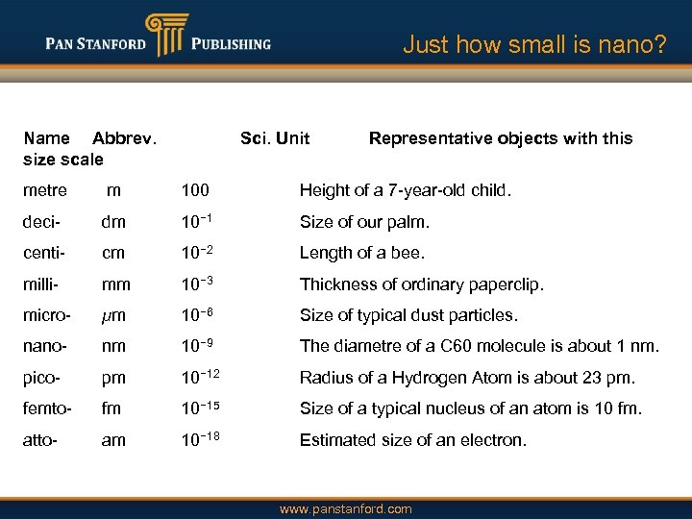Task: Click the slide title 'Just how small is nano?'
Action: click(x=533, y=44)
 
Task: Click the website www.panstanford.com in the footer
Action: click(x=345, y=509)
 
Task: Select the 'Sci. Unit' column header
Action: click(x=275, y=138)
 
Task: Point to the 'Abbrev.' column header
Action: click(x=125, y=138)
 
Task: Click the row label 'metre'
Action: click(x=45, y=190)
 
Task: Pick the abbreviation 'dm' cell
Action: click(x=113, y=222)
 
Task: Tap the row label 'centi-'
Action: click(x=46, y=253)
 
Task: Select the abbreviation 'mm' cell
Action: click(x=116, y=284)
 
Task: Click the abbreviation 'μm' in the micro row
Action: click(x=113, y=315)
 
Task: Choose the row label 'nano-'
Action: click(x=45, y=346)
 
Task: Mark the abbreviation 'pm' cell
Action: click(x=113, y=378)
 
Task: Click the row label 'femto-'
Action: click(x=48, y=408)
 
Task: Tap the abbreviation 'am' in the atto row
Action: click(x=113, y=440)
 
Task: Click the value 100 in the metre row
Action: click(x=195, y=190)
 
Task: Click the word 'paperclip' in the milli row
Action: click(x=507, y=284)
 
